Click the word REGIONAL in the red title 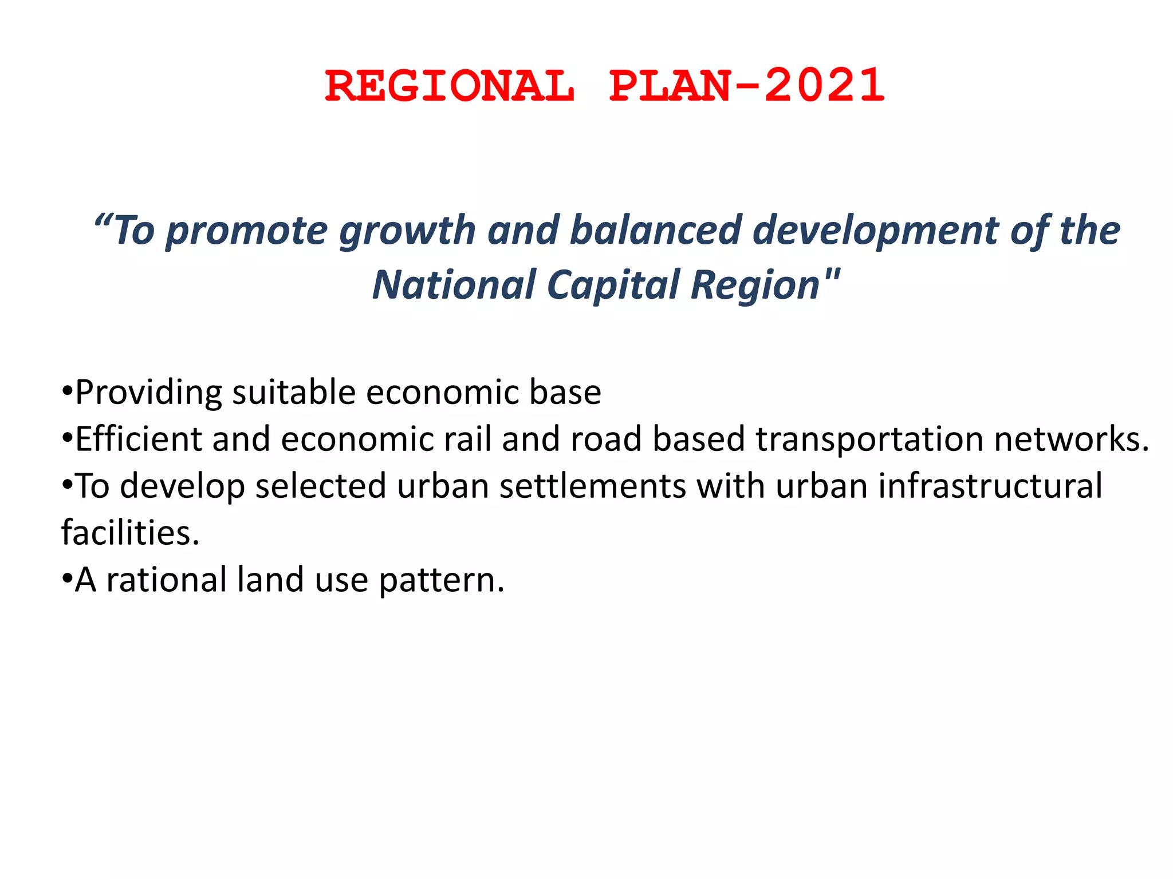[x=450, y=86]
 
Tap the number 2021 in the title [x=825, y=86]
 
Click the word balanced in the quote [x=655, y=230]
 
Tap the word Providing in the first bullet [x=148, y=394]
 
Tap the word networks [x=1071, y=439]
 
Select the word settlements [x=592, y=486]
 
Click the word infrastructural [x=990, y=486]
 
